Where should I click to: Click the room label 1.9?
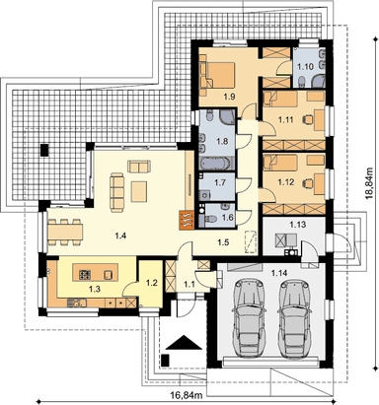tap(229, 97)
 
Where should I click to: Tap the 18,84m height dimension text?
tap(370, 183)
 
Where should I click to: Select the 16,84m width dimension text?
tap(187, 395)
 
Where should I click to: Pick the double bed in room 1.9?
tap(218, 75)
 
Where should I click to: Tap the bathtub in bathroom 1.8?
tap(217, 164)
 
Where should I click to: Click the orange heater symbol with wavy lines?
tap(187, 220)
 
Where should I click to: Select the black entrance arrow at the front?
tap(184, 343)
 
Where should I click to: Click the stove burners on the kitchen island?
tap(85, 275)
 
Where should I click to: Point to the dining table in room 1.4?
tap(65, 233)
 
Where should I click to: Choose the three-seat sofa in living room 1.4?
tap(117, 191)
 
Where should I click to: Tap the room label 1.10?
tap(305, 67)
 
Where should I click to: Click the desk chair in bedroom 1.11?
tap(308, 118)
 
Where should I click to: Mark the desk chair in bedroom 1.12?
tap(308, 181)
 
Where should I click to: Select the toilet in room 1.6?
tap(210, 218)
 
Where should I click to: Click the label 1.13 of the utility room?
tap(298, 225)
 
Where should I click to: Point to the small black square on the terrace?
tap(44, 150)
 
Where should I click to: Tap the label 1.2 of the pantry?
tap(152, 283)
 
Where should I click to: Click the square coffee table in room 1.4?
tap(139, 191)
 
